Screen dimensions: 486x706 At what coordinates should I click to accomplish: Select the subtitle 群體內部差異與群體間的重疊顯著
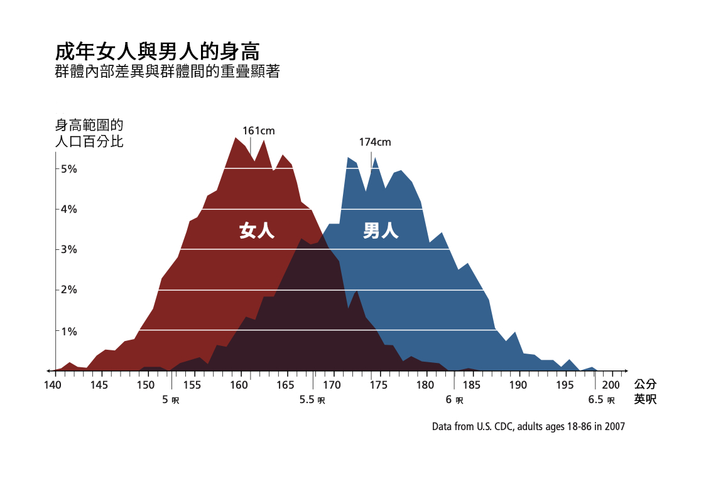coord(167,72)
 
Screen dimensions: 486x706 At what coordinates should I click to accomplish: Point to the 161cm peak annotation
coord(259,131)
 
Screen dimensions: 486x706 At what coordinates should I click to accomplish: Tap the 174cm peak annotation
coord(375,142)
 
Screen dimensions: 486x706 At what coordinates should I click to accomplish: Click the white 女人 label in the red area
coord(257,231)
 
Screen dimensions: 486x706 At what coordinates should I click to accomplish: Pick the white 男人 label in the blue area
coord(381,231)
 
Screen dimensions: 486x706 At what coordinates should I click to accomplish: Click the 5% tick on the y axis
coord(68,168)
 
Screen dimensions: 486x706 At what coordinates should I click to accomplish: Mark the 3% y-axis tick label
coord(68,249)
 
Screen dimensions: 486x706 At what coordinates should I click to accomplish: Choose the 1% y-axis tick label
coord(68,330)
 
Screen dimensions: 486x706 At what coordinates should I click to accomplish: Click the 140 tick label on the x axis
coord(54,384)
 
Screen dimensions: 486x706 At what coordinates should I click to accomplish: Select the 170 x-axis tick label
coord(332,384)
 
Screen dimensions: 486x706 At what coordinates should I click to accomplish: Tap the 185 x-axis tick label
coord(472,384)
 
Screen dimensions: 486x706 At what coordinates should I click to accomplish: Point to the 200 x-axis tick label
coord(611,384)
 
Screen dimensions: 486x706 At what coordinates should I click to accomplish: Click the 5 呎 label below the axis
coord(171,399)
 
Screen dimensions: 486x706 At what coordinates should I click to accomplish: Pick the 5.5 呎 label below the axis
coord(312,399)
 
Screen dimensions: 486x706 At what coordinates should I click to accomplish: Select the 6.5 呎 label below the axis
coord(601,399)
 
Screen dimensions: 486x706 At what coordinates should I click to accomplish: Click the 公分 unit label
coord(645,384)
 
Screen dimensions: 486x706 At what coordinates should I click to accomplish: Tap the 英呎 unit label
coord(645,399)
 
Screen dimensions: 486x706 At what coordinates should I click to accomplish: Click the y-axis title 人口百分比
coord(89,141)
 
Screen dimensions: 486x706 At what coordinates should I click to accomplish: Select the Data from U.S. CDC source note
coord(528,426)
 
